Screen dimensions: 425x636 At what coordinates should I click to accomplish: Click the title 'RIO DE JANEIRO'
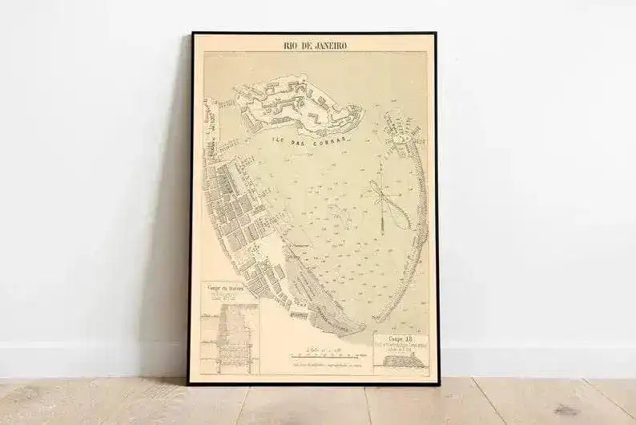click(x=315, y=46)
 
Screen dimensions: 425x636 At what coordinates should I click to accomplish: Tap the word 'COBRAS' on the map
click(x=331, y=140)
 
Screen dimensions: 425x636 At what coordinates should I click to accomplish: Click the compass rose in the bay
click(x=383, y=196)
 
